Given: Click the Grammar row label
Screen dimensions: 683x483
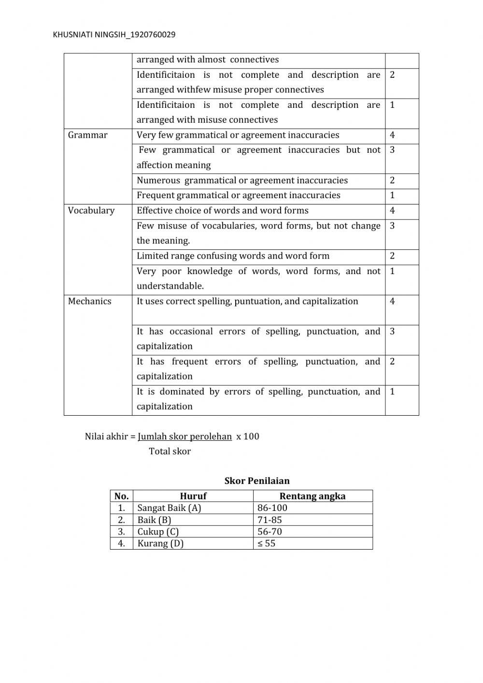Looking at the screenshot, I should coord(87,135).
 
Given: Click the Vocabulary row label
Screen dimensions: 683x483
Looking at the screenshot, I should coord(91,210).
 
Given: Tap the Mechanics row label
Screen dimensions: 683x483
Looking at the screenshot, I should coord(89,301).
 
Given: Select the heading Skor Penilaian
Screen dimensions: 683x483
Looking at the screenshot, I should coord(257,480).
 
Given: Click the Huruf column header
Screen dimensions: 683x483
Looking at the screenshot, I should coord(193,496).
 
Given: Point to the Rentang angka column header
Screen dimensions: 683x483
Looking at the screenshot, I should coord(313,496).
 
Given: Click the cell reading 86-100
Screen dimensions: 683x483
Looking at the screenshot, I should coord(272,508).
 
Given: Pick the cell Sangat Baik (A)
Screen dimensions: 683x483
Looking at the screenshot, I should coord(169,508).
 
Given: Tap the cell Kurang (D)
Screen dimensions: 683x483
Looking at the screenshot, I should coord(160,543).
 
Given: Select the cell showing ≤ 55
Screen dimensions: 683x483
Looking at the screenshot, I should coord(266,543).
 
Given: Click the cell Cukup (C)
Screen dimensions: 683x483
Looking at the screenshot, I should coord(158,531).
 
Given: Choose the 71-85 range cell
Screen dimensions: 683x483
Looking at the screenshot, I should coord(270,520).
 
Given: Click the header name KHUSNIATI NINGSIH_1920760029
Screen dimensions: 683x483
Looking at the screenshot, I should coord(114,34).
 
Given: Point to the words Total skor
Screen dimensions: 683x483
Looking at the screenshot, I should coord(170,451).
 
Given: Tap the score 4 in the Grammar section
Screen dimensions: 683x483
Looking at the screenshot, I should coord(392,135).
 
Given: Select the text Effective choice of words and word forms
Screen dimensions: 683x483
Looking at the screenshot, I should coord(222,210).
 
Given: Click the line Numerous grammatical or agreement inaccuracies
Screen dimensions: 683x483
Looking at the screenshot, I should coord(242,180).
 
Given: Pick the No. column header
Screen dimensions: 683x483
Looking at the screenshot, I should coord(121,496).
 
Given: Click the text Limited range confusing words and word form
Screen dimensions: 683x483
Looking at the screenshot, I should coord(233,256).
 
